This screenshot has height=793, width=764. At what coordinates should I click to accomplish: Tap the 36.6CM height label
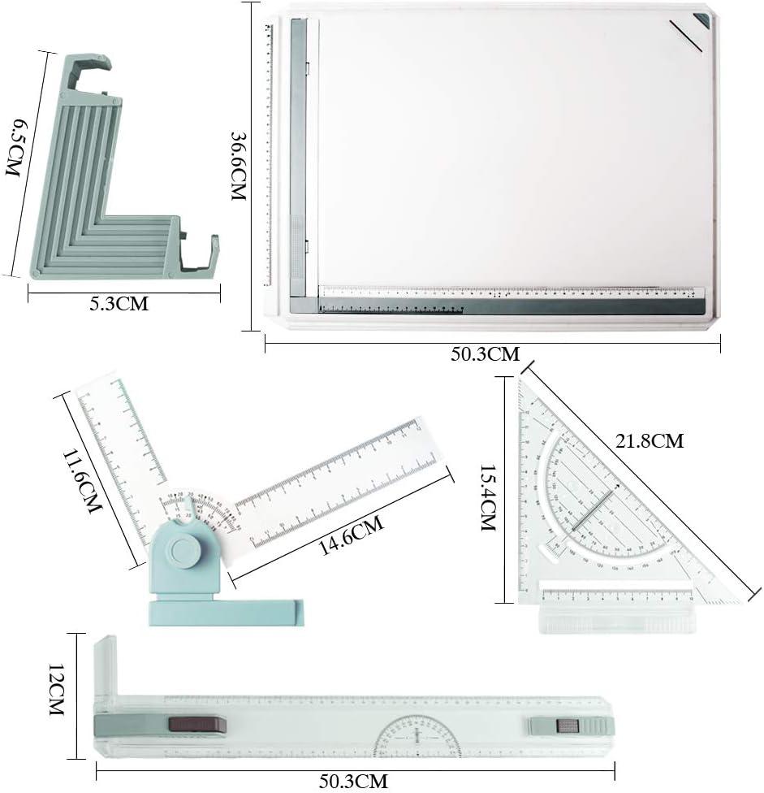pyautogui.click(x=239, y=167)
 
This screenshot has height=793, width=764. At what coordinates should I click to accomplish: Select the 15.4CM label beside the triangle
pyautogui.click(x=488, y=496)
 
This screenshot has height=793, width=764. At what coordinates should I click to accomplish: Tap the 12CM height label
pyautogui.click(x=55, y=689)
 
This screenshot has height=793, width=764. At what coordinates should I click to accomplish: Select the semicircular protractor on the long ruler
pyautogui.click(x=417, y=736)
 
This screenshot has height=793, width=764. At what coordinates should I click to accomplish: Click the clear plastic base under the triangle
pyautogui.click(x=617, y=619)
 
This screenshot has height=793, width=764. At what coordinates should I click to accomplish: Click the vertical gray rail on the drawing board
pyautogui.click(x=298, y=154)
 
